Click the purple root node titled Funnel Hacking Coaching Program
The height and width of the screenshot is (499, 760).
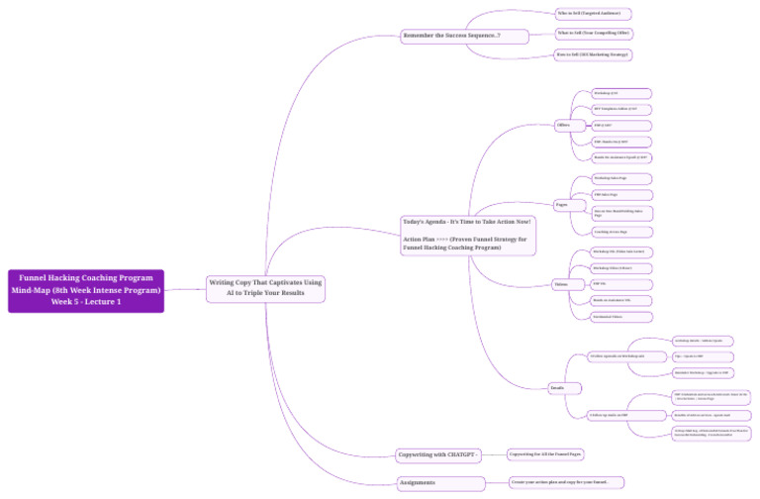(x=86, y=290)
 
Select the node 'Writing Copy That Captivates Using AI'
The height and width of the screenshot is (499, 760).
(x=265, y=288)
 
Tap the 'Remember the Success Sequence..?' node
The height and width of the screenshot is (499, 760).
(x=450, y=37)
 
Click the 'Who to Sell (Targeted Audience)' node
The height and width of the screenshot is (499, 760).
(x=592, y=14)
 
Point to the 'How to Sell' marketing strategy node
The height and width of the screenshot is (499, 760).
(x=592, y=54)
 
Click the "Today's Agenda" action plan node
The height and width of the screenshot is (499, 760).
(x=468, y=235)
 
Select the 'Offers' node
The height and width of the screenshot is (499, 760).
(x=564, y=125)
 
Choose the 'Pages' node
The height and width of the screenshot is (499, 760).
(x=562, y=205)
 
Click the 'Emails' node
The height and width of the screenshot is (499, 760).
(x=557, y=388)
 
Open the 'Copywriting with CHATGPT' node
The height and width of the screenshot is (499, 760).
(x=438, y=455)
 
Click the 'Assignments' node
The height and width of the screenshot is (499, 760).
(x=416, y=482)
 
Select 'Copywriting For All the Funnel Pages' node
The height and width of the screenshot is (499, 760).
(x=545, y=454)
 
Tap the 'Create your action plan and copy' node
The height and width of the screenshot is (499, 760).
(x=567, y=482)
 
